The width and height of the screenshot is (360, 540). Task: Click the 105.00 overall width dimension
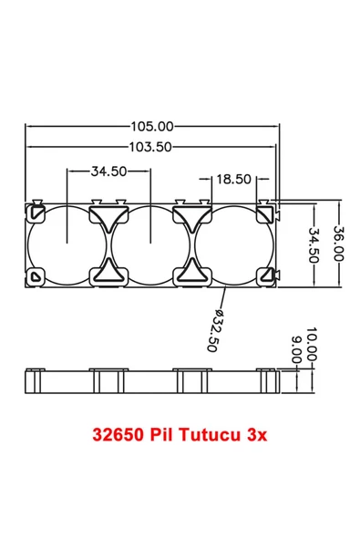[x=151, y=127]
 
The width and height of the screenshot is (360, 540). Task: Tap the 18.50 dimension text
[x=233, y=179]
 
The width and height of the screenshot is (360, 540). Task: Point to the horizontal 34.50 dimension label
[x=108, y=171]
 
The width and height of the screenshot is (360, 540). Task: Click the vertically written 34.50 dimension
[x=315, y=244]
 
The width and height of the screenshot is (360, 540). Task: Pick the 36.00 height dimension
[x=337, y=244]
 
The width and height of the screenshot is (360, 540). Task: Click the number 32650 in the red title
[x=118, y=435]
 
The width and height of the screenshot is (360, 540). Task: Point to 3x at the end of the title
[x=256, y=435]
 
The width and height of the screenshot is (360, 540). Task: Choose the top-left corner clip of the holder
[x=36, y=212]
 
